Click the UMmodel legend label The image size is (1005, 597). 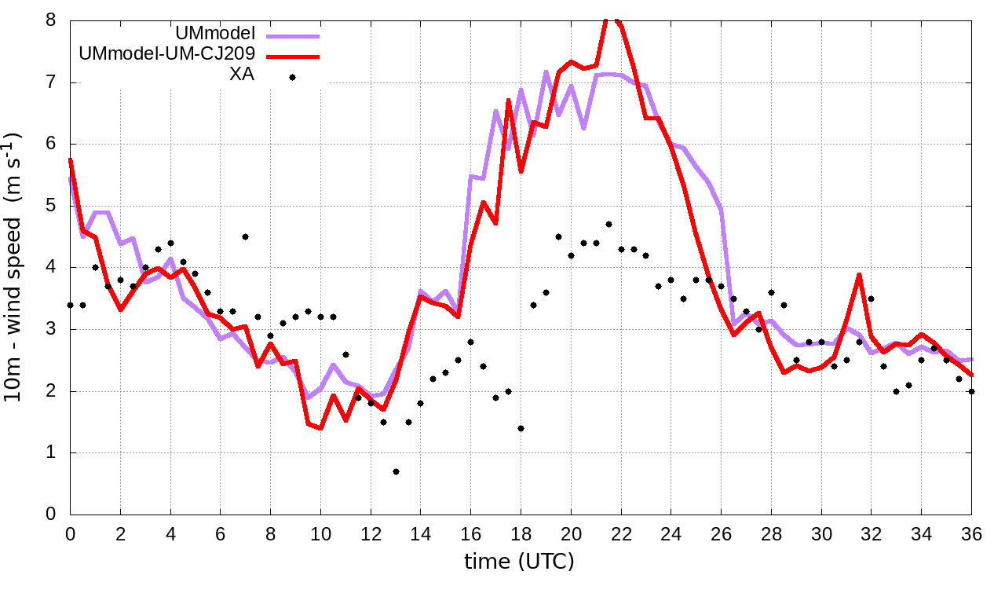(216, 34)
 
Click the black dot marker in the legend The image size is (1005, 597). (292, 77)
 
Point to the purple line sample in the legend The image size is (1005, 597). (293, 35)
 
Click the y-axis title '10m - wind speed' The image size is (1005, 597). (13, 267)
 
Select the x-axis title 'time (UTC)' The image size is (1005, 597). (519, 562)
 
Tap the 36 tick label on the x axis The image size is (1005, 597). (971, 532)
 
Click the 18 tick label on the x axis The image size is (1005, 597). (521, 532)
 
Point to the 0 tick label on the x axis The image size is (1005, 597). (70, 532)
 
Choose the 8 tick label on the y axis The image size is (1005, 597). (51, 20)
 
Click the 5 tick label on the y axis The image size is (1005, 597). (51, 206)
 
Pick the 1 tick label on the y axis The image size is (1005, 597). (51, 453)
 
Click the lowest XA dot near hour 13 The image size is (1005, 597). (396, 471)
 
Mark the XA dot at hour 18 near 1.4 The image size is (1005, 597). (521, 428)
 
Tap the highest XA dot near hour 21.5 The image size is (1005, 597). (608, 224)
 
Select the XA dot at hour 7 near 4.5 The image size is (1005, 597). (245, 236)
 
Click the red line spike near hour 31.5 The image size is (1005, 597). (860, 275)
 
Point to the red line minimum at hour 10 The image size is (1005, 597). (320, 428)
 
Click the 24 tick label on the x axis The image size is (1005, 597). (671, 532)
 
